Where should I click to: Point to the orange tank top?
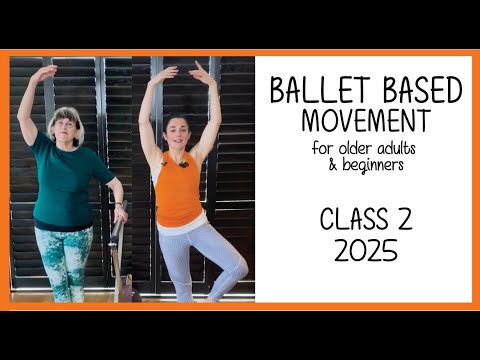pyautogui.click(x=178, y=190)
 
